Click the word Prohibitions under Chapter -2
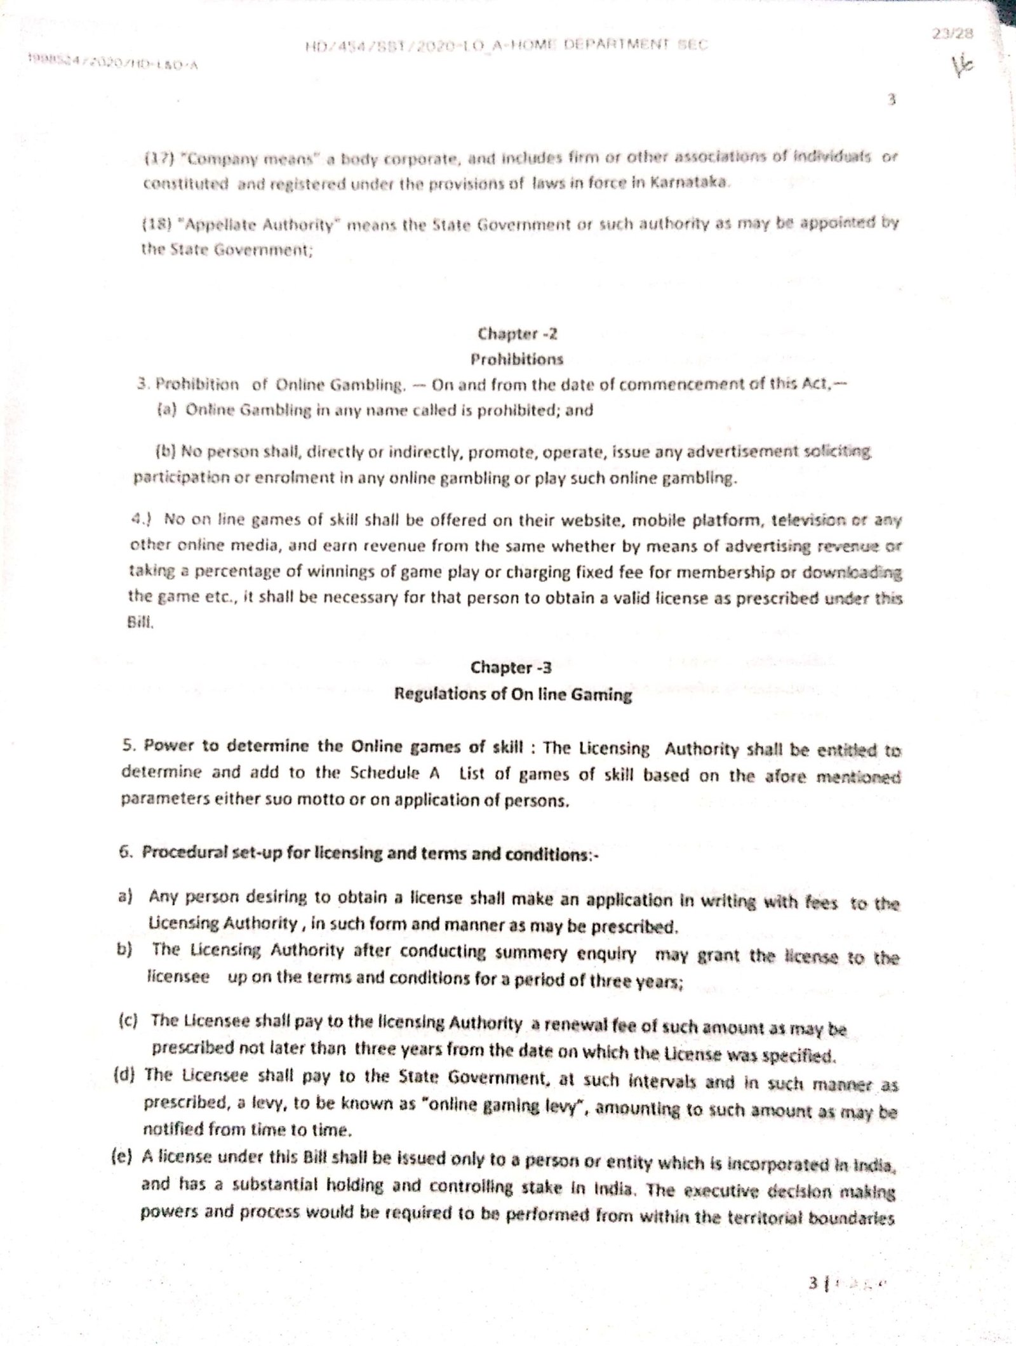[x=516, y=359]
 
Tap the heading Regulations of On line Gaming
[x=513, y=694]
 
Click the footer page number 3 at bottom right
[x=813, y=1282]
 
